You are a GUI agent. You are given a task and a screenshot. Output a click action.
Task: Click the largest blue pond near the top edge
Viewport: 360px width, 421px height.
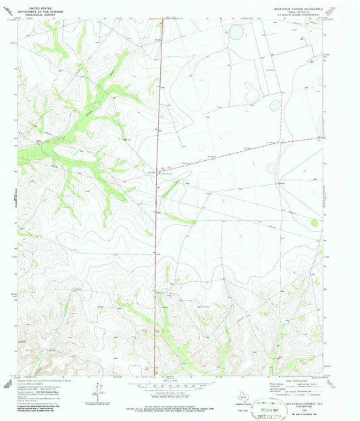click(236, 30)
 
